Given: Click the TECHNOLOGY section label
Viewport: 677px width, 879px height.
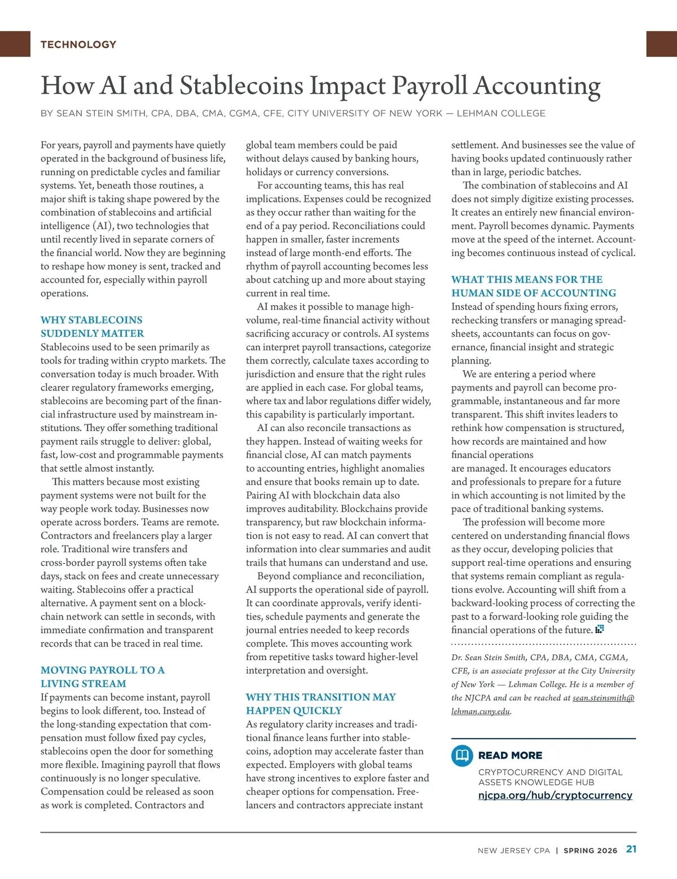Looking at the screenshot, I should (78, 45).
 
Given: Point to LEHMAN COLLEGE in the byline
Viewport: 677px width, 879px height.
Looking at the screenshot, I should (501, 113).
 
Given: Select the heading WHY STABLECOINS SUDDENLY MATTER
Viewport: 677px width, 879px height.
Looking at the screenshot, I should (92, 327).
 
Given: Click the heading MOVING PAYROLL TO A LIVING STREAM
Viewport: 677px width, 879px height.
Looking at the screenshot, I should (102, 677).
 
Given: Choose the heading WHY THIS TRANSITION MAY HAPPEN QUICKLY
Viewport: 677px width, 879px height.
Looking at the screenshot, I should (320, 704).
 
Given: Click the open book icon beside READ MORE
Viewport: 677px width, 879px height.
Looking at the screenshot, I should (462, 755).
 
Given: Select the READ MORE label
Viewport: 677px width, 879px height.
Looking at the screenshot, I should (510, 755).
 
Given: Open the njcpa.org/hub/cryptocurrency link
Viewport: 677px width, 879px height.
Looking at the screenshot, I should (555, 796).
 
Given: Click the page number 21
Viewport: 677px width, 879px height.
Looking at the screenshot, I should (631, 849).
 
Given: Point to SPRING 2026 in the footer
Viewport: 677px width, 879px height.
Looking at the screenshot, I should (590, 850).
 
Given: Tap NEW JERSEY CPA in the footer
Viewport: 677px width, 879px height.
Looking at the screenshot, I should (513, 850).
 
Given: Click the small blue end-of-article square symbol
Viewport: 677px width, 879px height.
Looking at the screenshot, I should (600, 629).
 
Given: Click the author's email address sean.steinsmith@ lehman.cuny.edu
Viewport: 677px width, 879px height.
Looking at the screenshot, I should (603, 698).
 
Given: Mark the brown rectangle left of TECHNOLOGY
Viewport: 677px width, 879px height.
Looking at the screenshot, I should (15, 44).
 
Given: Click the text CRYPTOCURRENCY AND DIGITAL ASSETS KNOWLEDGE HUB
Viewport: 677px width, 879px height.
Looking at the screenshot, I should (550, 777).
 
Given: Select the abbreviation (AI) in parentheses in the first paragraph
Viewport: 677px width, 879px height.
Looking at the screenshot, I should (102, 226).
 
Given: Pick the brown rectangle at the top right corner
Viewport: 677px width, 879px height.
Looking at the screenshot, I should (661, 44).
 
